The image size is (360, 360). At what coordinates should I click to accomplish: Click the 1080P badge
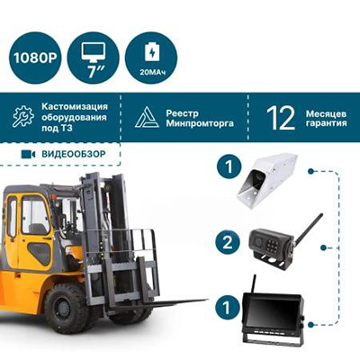35,58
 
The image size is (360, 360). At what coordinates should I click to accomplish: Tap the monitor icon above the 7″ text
94,52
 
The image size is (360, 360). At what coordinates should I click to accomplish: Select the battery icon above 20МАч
152,52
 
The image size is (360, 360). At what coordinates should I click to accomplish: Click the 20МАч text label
152,72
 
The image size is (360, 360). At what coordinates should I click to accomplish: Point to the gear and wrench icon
23,116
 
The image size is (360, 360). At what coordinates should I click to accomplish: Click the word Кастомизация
75,106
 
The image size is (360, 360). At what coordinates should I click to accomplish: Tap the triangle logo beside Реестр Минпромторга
147,117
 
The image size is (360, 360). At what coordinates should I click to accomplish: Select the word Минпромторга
200,123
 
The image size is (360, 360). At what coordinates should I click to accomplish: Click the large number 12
281,118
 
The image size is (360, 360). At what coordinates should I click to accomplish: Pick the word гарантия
326,123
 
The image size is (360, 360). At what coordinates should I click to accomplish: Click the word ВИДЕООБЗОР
74,154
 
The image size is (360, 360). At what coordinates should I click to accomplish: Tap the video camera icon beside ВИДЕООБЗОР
28,154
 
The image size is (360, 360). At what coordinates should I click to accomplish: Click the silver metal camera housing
266,177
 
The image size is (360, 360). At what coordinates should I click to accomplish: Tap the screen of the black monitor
272,312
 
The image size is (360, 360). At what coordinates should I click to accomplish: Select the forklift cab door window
35,215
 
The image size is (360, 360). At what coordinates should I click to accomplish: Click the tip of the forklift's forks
207,300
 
